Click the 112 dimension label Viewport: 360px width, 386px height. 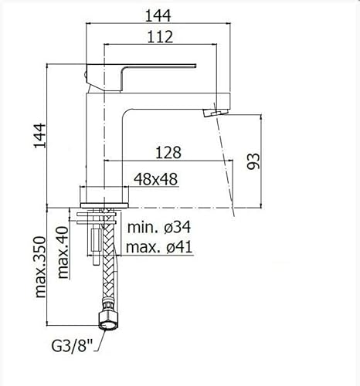tap(160, 36)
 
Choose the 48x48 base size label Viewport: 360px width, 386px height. tap(155, 179)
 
